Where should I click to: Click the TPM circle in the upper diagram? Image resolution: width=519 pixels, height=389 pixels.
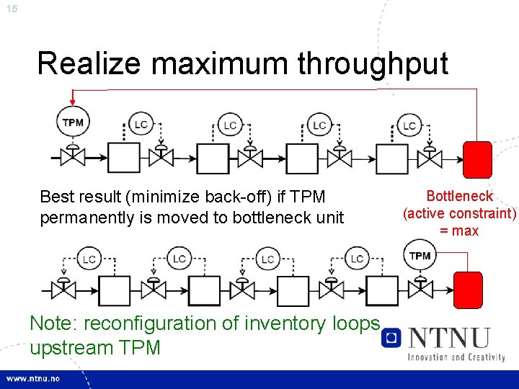tap(72, 122)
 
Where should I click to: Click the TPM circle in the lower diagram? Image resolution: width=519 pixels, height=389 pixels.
tap(420, 256)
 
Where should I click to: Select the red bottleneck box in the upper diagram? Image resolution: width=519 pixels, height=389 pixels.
tap(476, 159)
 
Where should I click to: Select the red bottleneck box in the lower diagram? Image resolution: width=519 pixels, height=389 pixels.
tap(467, 290)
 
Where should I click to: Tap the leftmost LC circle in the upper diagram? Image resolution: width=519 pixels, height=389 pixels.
tap(141, 125)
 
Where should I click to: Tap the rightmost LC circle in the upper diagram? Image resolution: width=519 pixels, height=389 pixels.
tap(409, 125)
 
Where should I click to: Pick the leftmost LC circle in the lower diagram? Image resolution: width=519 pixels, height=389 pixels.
tap(89, 259)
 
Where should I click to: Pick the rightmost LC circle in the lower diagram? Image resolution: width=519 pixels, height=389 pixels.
tap(357, 259)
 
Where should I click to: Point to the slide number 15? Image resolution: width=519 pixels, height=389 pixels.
tap(11, 8)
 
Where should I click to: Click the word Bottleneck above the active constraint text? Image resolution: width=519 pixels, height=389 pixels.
tap(460, 196)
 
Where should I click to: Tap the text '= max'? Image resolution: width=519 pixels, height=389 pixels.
tap(460, 231)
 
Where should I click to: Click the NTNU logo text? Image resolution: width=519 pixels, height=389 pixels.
tap(448, 337)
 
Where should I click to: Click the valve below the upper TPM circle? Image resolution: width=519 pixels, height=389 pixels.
tap(72, 156)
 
